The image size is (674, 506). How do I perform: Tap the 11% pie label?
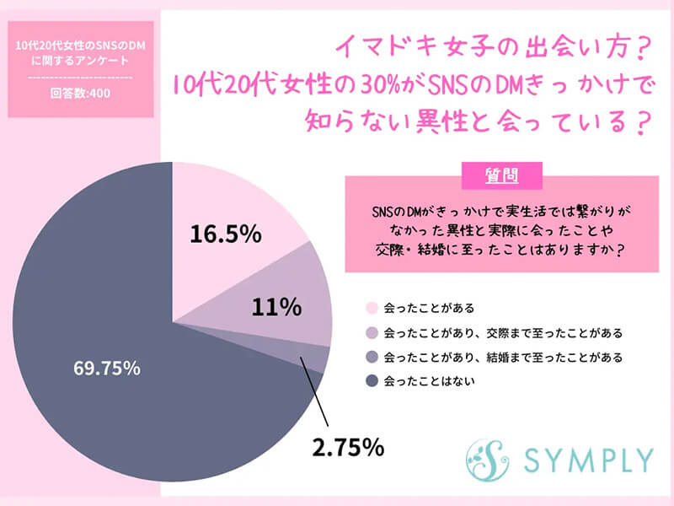276,307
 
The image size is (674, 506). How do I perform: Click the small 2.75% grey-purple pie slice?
316,358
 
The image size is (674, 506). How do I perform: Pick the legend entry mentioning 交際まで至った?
502,332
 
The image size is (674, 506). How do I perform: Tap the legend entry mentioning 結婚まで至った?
502,357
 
